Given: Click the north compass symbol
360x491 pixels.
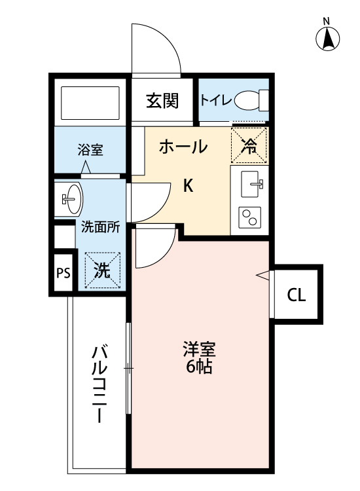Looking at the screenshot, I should click(328, 39).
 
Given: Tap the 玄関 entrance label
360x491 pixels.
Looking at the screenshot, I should click(162, 101).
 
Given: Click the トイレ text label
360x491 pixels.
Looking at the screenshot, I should click(214, 101).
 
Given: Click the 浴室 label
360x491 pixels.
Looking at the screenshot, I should click(90, 149).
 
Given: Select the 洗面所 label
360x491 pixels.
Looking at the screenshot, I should click(100, 228).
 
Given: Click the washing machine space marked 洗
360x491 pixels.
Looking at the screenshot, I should click(102, 270).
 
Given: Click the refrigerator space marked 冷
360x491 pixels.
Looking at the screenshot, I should click(249, 145).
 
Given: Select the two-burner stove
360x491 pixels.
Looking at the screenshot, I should click(249, 217).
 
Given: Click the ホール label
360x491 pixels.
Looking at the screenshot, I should click(183, 147).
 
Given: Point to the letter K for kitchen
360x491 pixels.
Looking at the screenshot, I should click(187, 186).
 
